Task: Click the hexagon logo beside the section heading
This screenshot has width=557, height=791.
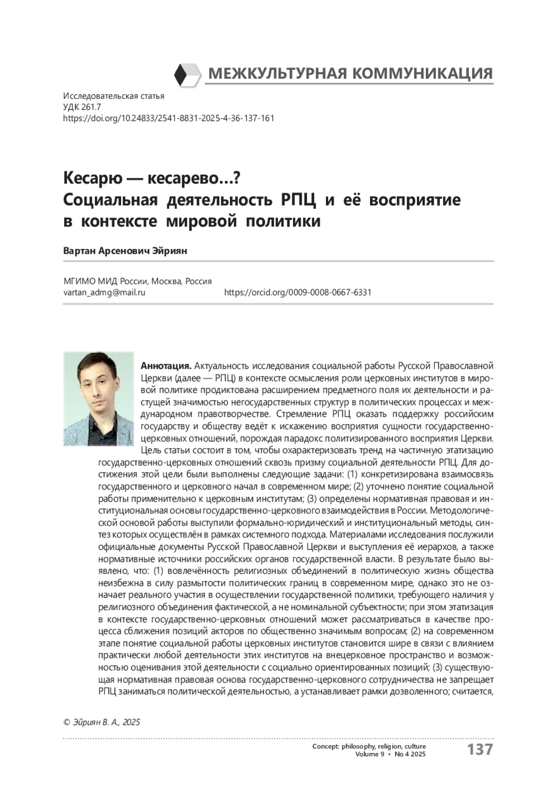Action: click(x=188, y=75)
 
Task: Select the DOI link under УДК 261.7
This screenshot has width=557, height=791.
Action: click(x=168, y=118)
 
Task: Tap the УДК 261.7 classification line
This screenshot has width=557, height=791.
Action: click(x=82, y=107)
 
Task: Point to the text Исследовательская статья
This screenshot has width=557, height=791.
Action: click(x=113, y=97)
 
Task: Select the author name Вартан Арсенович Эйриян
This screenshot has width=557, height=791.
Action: click(x=125, y=251)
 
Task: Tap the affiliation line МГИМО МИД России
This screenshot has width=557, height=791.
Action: click(x=137, y=282)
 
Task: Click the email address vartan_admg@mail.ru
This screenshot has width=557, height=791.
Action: click(x=104, y=293)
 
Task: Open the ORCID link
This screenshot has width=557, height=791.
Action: click(x=297, y=293)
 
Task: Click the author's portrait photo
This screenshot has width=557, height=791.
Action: click(x=98, y=398)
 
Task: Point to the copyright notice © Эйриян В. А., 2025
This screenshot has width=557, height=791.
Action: click(x=101, y=722)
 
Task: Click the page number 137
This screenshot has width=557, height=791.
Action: click(x=479, y=749)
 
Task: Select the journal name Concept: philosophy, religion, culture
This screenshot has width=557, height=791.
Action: click(x=369, y=746)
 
